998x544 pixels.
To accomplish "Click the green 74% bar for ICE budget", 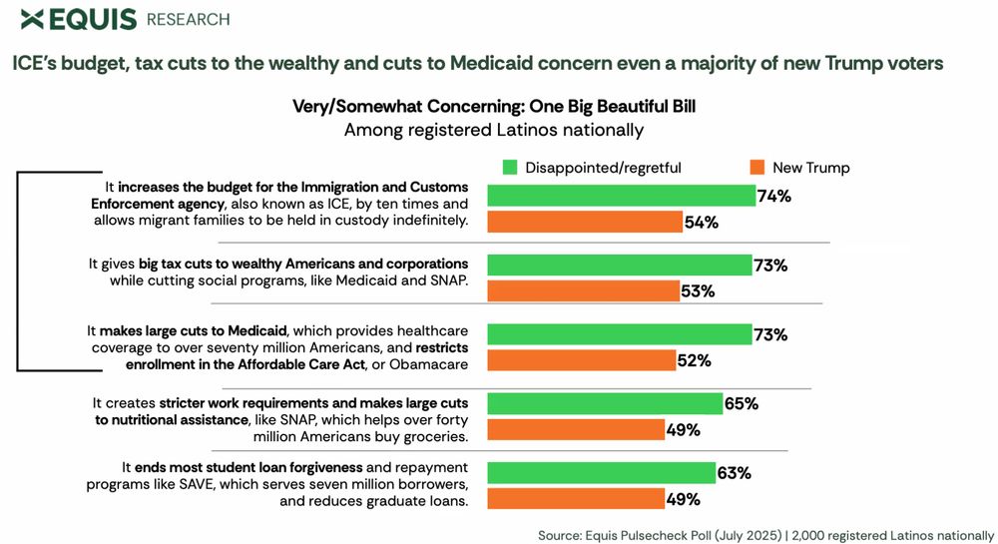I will tap(620, 196).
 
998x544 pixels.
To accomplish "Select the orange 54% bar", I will tap(584, 222).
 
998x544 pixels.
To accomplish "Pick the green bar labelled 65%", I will tap(604, 403).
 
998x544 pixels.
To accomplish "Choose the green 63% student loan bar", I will tap(600, 472).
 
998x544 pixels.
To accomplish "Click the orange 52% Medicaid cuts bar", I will tap(580, 360).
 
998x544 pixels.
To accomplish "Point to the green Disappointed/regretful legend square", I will tap(510, 168).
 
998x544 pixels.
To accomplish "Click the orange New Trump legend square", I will tap(755, 168).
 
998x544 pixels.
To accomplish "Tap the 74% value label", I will tap(774, 196).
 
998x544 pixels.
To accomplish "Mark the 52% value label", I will tap(695, 360).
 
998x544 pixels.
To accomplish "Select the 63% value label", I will tap(734, 472).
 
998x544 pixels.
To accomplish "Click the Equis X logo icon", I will tap(32, 18).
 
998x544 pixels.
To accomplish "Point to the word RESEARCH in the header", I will tap(188, 19).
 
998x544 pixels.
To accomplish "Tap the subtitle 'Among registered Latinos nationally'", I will tap(493, 130).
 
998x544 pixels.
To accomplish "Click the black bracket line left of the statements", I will tap(18, 271).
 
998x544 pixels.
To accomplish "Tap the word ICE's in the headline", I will tap(38, 64).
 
